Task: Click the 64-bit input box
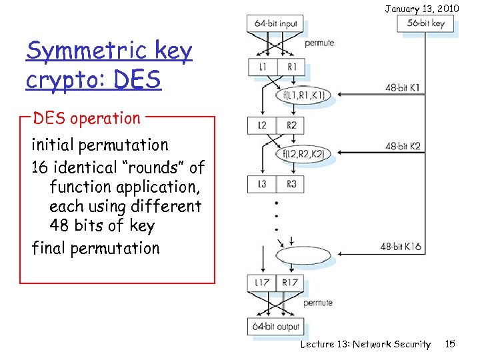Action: (276, 24)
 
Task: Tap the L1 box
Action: (261, 67)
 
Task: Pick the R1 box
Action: (291, 67)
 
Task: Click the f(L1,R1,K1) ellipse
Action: (303, 95)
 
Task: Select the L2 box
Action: (261, 125)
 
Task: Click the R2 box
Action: (291, 125)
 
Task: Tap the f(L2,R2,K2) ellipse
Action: (303, 154)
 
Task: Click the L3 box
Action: (261, 184)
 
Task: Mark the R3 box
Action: (291, 184)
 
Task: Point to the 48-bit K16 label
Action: (401, 246)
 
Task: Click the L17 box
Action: (261, 283)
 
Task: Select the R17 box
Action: (290, 283)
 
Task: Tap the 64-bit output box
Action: (276, 327)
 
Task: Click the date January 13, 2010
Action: (421, 8)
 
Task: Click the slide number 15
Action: (450, 344)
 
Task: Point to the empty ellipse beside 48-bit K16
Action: (303, 256)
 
